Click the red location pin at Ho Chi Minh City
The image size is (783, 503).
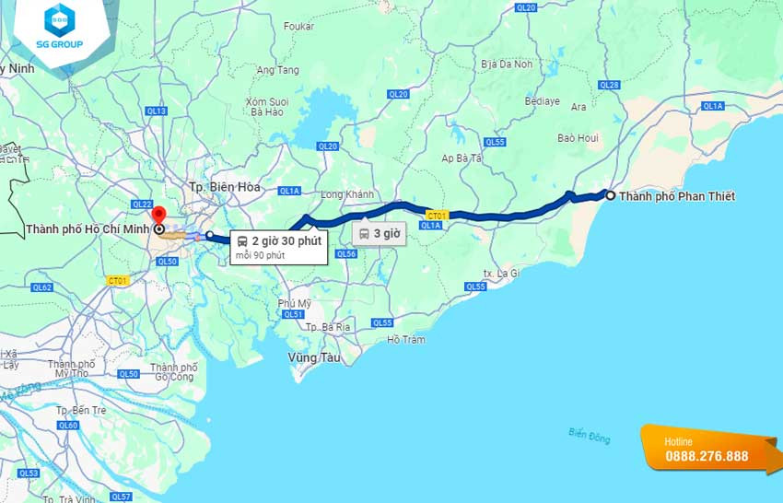pos(158,215)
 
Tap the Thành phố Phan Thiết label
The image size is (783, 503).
pos(677,196)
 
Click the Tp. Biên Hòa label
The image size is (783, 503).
pos(224,187)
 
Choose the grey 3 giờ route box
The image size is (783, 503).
pos(379,233)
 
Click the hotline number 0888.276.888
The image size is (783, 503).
pos(707,456)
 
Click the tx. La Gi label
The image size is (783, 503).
pos(502,274)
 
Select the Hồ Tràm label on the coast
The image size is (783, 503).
pos(406,340)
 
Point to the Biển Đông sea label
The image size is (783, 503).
pos(589,435)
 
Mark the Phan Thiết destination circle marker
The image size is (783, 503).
pos(609,194)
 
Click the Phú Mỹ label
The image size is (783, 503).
pos(295,303)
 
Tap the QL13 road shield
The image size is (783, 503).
pos(157,111)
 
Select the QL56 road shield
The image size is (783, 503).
pos(346,253)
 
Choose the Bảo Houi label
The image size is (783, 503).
pos(578,138)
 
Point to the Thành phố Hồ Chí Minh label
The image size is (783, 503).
pos(88,229)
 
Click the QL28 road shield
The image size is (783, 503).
pos(609,85)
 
